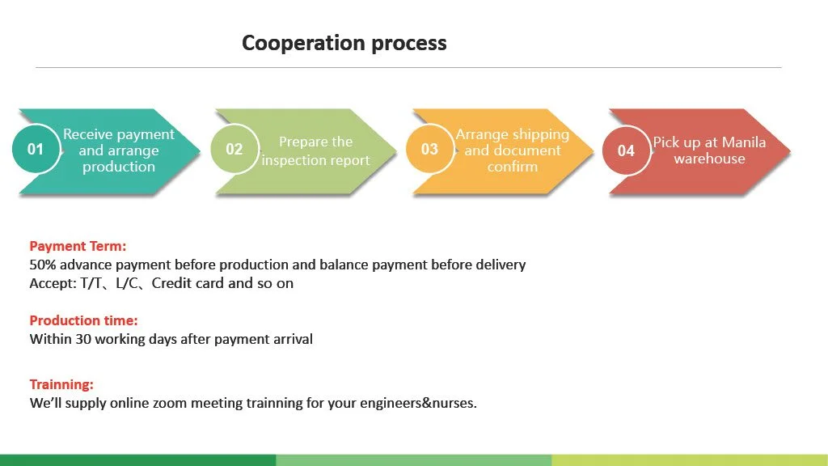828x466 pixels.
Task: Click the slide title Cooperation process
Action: pyautogui.click(x=344, y=43)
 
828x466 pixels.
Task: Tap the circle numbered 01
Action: pyautogui.click(x=36, y=149)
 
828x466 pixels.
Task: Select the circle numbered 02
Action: pyautogui.click(x=234, y=149)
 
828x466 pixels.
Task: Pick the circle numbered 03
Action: pyautogui.click(x=429, y=149)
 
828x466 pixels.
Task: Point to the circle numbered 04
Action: pyautogui.click(x=626, y=150)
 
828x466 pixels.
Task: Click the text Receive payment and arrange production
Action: pyautogui.click(x=118, y=150)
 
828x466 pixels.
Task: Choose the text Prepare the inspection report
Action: pyautogui.click(x=315, y=151)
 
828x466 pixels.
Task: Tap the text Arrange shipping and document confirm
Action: pyautogui.click(x=512, y=150)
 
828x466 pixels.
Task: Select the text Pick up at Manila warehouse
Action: pyautogui.click(x=709, y=150)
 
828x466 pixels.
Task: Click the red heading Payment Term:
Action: pyautogui.click(x=78, y=246)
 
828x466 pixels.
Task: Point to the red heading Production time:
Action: pyautogui.click(x=83, y=320)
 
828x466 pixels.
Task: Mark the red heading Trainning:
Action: pyautogui.click(x=61, y=384)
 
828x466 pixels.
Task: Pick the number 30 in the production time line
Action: pyautogui.click(x=83, y=339)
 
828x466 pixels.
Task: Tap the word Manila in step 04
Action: pyautogui.click(x=744, y=142)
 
